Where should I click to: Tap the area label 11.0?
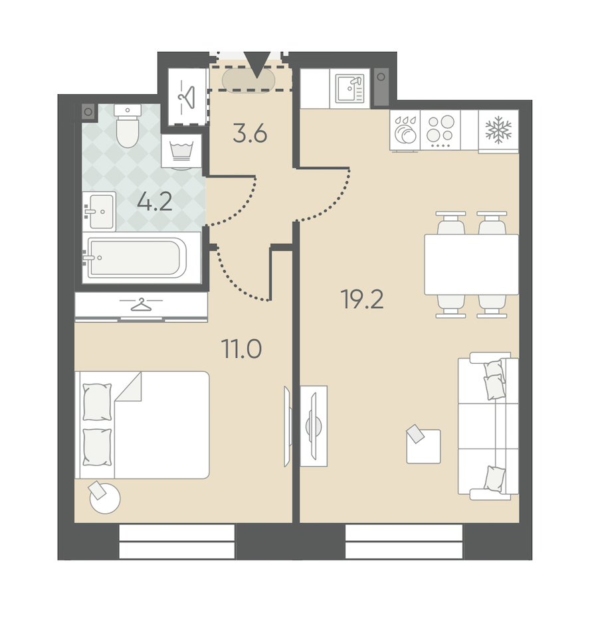tap(242, 349)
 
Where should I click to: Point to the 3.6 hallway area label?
tap(250, 133)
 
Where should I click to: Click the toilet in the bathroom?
tap(128, 125)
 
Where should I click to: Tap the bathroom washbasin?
tap(99, 212)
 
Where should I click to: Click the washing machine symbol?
tap(181, 151)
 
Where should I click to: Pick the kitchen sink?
tap(349, 88)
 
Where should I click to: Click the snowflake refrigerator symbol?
tap(498, 130)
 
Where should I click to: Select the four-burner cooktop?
tap(441, 130)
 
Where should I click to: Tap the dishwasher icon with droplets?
tap(405, 130)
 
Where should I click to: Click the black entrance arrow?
tap(256, 64)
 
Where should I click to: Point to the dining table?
tap(472, 265)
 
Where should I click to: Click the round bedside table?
tap(105, 498)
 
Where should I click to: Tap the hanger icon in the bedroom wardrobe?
tap(142, 305)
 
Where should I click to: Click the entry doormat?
tap(249, 80)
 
